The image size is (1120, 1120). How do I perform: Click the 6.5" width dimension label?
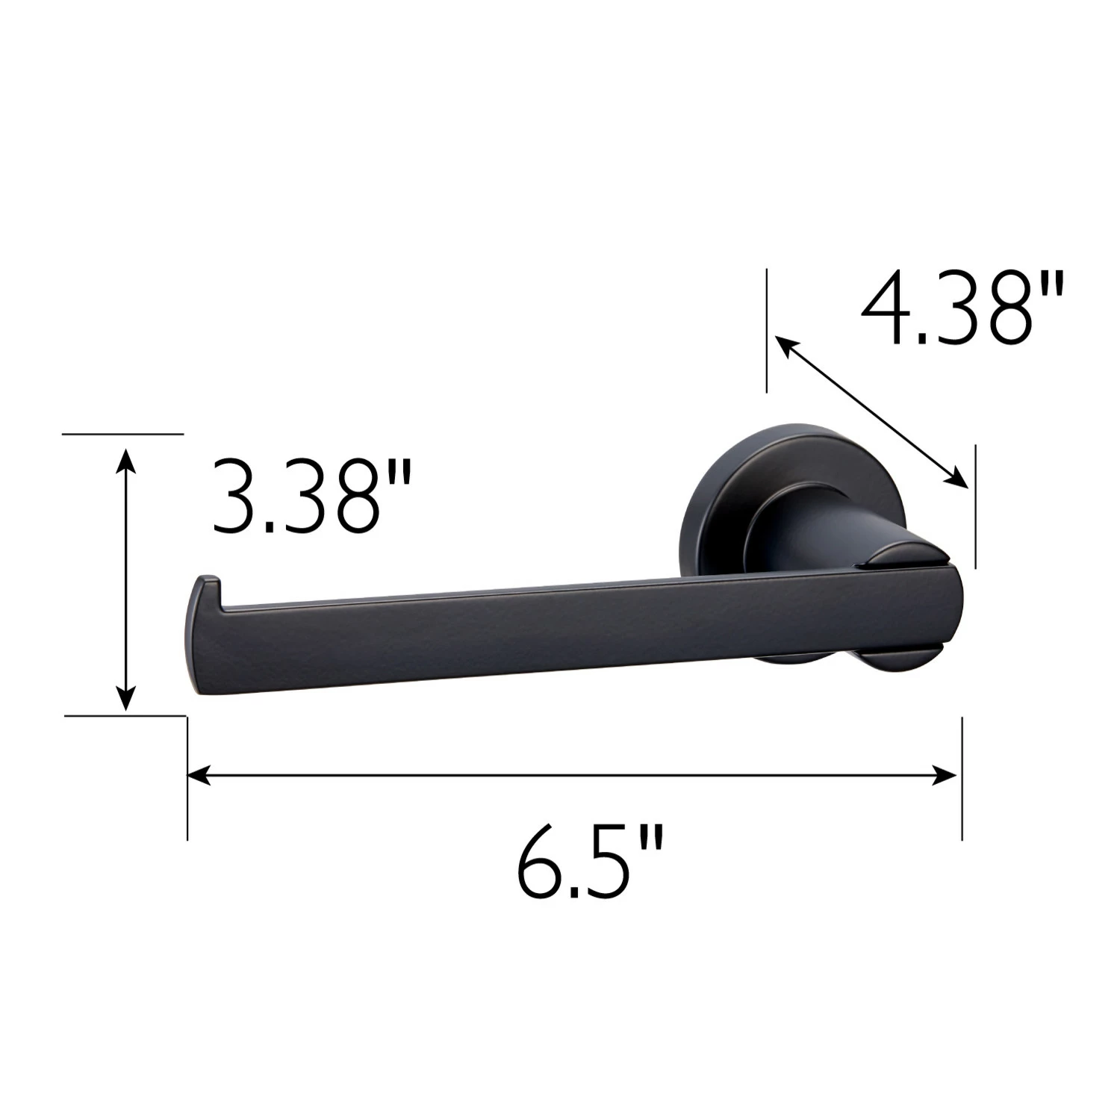(589, 863)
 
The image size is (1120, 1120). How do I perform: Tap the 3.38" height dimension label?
(311, 496)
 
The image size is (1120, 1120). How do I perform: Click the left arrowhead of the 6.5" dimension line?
(198, 776)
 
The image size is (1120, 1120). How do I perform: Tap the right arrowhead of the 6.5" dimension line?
(946, 776)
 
